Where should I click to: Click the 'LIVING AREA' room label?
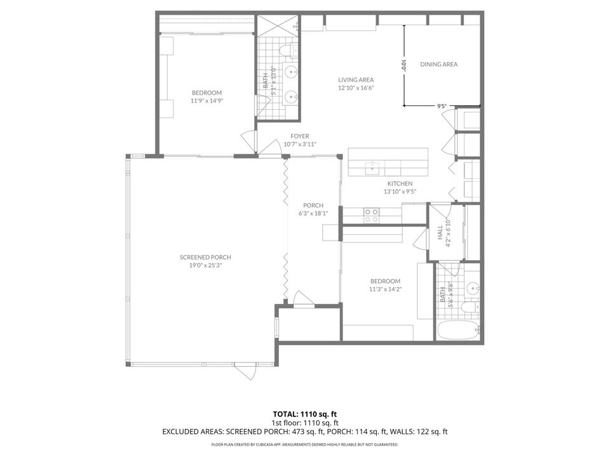pos(355,79)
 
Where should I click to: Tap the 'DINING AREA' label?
pos(438,64)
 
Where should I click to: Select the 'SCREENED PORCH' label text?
pos(205,257)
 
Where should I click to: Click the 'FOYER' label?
pos(300,136)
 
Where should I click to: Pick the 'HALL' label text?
pos(440,233)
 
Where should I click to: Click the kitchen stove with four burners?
pos(371,216)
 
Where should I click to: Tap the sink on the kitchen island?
pos(373,168)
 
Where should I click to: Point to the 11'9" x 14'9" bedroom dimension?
pos(207,100)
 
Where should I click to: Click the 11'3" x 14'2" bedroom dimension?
pos(386,289)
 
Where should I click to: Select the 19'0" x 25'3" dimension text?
pos(205,265)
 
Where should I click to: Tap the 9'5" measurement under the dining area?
pos(442,107)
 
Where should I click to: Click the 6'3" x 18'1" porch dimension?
pos(313,213)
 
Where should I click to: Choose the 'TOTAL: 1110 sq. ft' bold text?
pos(304,413)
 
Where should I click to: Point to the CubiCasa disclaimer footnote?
pos(304,446)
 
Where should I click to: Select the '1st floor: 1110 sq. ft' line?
pos(304,422)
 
